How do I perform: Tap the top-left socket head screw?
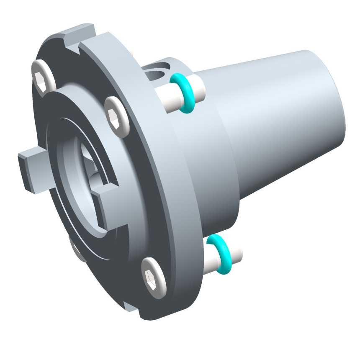coord(43,77)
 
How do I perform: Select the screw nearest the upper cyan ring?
coord(116,117)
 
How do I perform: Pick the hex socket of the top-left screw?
coord(42,78)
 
